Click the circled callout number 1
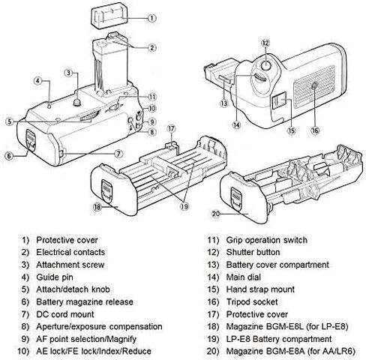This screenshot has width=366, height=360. (152, 18)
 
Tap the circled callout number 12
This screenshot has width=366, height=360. (265, 43)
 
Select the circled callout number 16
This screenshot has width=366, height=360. (315, 130)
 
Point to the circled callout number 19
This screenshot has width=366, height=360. (184, 206)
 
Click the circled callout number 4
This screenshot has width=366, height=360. (37, 81)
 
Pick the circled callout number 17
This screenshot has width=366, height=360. (171, 129)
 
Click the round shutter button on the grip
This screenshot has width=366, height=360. (265, 65)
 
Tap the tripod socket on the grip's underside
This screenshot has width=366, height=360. (314, 86)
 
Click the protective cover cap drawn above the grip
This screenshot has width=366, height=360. (109, 16)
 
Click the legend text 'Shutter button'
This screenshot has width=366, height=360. (253, 252)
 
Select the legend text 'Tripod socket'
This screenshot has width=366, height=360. (252, 301)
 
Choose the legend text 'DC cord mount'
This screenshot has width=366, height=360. (65, 314)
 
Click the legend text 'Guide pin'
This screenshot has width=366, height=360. (55, 277)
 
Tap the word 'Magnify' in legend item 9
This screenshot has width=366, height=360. (121, 339)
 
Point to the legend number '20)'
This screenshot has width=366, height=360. (213, 351)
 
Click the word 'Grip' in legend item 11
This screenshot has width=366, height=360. (234, 240)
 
